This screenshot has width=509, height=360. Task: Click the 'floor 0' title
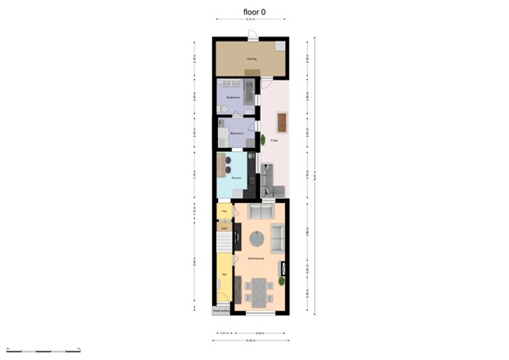pyautogui.click(x=255, y=12)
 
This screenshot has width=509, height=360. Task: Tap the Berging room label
pyautogui.click(x=251, y=59)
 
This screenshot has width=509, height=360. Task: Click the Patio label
pyautogui.click(x=275, y=141)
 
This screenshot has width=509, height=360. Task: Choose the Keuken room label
pyautogui.click(x=238, y=177)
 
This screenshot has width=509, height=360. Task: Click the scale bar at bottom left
pyautogui.click(x=42, y=350)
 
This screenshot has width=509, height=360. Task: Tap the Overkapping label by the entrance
pyautogui.click(x=220, y=311)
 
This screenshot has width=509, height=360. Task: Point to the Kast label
pyautogui.click(x=224, y=227)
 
